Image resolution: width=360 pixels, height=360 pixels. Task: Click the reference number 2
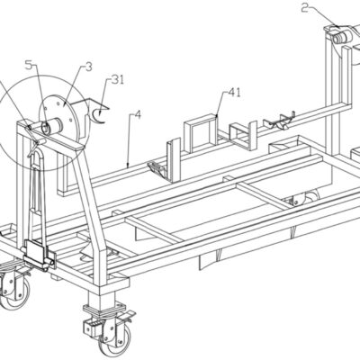coord(305,8)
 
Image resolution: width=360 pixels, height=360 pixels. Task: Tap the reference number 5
coord(28,66)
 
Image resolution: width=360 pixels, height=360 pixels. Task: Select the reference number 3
coord(88,67)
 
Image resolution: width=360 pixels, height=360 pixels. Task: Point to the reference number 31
coord(118,80)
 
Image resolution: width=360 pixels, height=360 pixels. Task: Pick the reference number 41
coord(234,94)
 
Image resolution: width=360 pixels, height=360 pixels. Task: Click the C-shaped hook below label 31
coord(98,117)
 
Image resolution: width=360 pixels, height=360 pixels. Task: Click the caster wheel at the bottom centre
coord(115,338)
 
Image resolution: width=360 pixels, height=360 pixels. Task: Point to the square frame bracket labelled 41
coord(202,133)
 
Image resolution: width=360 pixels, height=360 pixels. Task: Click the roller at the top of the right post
coord(341,38)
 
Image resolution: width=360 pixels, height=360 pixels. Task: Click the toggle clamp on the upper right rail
coord(278,121)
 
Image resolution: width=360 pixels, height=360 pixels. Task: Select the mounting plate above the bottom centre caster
coord(105,309)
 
